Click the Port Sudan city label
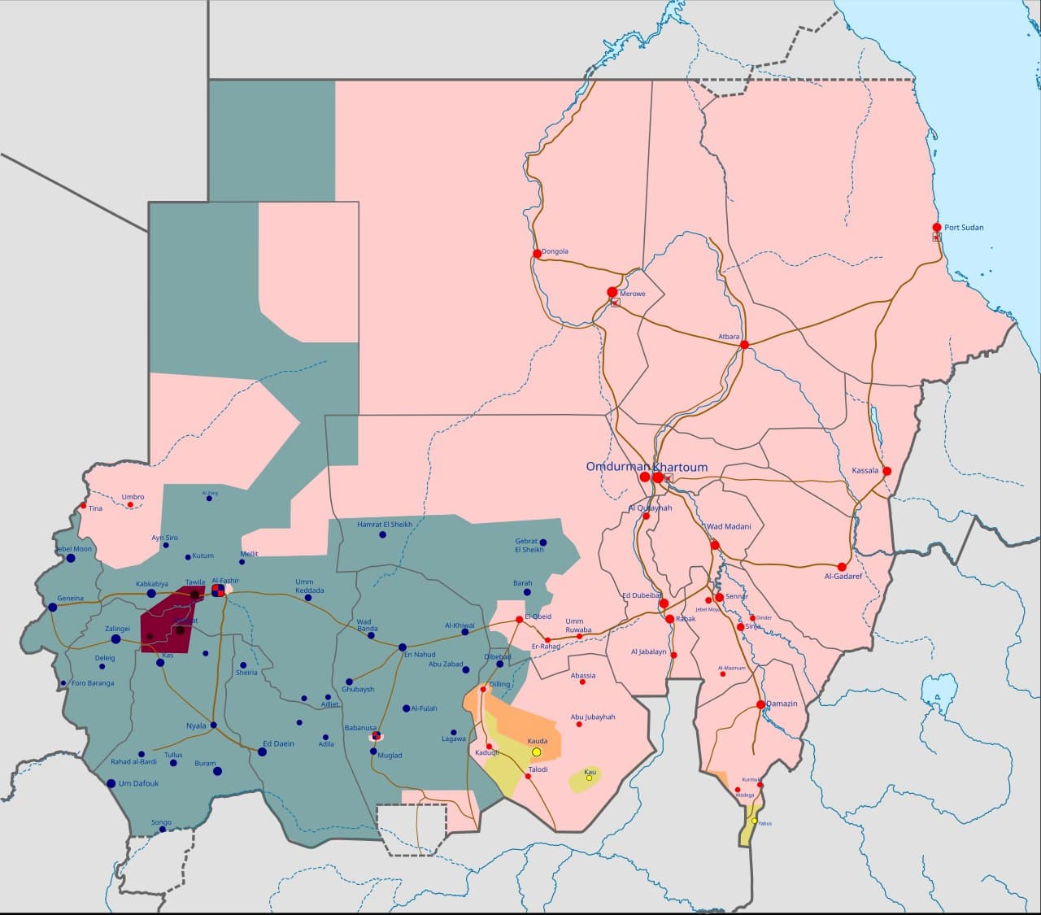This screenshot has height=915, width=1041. click(x=963, y=228)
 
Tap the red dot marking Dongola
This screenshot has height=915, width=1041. click(x=537, y=254)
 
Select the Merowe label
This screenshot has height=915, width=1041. click(x=632, y=294)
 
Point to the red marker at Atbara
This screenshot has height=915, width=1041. click(x=744, y=345)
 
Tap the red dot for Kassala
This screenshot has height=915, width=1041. click(x=886, y=471)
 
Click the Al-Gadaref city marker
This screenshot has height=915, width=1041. click(x=842, y=566)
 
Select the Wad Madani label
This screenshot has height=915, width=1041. click(x=729, y=527)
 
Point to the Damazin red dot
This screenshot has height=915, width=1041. click(x=760, y=704)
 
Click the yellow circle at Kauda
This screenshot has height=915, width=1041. click(x=536, y=752)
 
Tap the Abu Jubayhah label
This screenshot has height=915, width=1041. click(x=593, y=717)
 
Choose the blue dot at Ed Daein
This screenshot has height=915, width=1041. click(x=262, y=752)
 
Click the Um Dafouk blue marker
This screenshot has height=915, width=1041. click(x=111, y=783)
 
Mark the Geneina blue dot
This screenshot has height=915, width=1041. click(x=53, y=608)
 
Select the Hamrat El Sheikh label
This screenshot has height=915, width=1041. click(x=385, y=525)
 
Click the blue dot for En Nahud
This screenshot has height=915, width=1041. click(x=402, y=647)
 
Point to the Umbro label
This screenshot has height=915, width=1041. click(x=133, y=497)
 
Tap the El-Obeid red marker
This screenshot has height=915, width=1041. click(x=519, y=620)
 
